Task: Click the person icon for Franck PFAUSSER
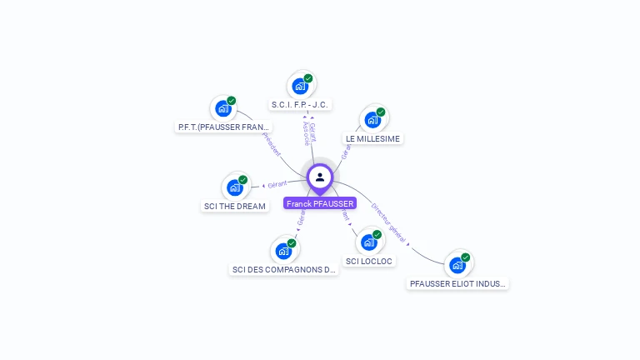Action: (320, 177)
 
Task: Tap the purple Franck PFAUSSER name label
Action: (320, 203)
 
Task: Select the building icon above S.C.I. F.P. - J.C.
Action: (299, 86)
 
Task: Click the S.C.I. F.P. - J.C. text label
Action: (301, 104)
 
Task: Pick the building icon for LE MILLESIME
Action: (372, 120)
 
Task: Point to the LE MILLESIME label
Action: (372, 138)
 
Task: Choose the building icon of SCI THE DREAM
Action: (235, 187)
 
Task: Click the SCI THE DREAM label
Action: (235, 206)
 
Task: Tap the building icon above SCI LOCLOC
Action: (369, 242)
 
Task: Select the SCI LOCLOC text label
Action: (369, 261)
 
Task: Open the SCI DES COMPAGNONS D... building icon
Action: (283, 251)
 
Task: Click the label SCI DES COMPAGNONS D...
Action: (284, 269)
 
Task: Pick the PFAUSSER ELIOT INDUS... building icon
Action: (457, 266)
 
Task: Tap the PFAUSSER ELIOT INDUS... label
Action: (457, 283)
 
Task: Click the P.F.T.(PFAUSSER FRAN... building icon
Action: (223, 109)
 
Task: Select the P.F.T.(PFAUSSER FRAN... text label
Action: (224, 127)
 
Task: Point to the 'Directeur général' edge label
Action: (389, 221)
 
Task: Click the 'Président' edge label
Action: (272, 143)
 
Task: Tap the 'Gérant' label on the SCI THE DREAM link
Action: (277, 183)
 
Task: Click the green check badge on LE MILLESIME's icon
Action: (381, 112)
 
